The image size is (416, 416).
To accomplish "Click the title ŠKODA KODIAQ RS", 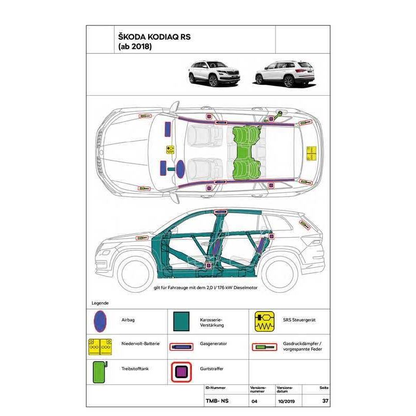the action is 154,36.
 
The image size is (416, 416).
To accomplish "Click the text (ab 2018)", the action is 135,46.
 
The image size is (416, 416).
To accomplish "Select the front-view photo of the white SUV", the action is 214,73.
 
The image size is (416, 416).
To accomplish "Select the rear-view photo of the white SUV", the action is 285,74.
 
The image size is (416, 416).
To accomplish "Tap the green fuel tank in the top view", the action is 246,153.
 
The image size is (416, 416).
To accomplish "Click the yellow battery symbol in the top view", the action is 311,153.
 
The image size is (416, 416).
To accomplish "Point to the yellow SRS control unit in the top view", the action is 171,150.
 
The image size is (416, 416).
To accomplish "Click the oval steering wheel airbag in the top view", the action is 180,169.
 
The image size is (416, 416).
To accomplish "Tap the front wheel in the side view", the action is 136,275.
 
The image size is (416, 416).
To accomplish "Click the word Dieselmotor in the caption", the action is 245,288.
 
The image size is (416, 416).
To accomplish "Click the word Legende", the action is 100,303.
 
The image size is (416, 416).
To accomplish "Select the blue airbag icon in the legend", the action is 100,321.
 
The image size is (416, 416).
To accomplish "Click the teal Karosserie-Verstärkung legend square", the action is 181,321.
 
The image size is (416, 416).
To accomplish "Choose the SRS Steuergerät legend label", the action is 300,320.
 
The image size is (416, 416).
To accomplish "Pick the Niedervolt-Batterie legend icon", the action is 100,347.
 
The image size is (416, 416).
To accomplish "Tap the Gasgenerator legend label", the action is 213,344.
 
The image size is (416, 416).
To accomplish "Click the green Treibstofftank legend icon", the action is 100,372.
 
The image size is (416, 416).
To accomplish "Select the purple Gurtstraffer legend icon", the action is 181,372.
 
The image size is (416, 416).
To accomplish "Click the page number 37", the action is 326,401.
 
